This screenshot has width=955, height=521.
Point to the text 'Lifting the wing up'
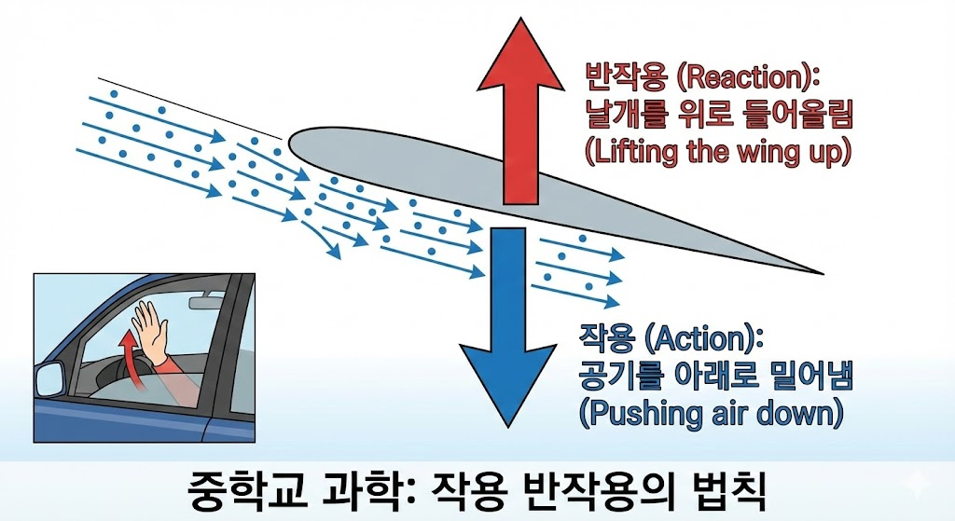coord(718,152)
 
